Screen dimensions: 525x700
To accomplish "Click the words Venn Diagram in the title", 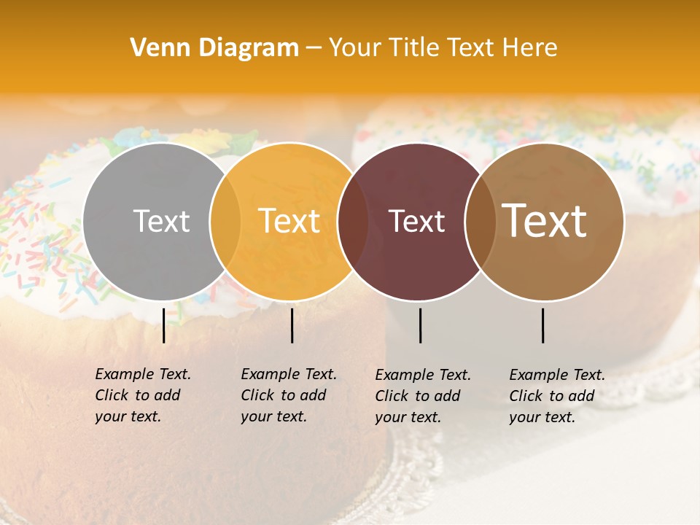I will tap(214, 48).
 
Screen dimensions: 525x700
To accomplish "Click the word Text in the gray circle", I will tap(162, 222).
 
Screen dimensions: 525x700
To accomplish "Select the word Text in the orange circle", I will tap(289, 222).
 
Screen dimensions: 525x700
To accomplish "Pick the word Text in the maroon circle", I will tap(416, 222).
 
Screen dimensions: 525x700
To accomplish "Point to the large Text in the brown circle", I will tap(545, 221).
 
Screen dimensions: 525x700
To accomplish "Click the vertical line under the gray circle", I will tap(163, 325).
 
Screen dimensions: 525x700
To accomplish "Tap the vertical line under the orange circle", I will tap(292, 325).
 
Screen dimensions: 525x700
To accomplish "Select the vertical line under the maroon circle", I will tap(420, 325).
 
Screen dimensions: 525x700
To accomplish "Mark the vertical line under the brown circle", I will tap(543, 325).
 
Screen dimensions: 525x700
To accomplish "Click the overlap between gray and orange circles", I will tap(225, 222).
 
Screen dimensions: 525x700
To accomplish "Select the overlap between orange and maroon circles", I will tap(353, 222).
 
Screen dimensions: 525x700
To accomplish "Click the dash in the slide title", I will tap(314, 48).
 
